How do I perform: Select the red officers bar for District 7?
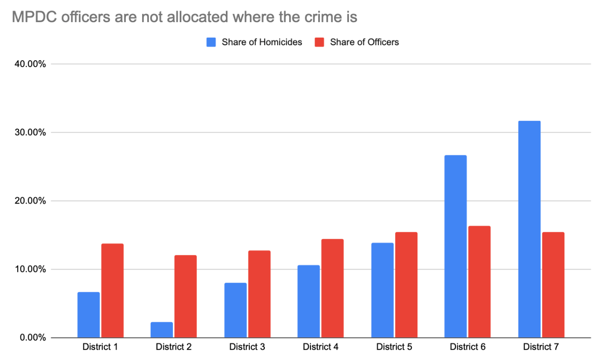click(x=553, y=285)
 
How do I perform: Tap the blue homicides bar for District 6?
click(x=455, y=246)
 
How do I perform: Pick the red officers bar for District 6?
click(x=479, y=282)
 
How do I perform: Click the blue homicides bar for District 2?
click(x=162, y=330)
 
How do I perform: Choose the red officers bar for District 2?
click(x=186, y=296)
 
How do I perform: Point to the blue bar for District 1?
click(x=88, y=315)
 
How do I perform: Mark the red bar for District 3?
click(x=259, y=294)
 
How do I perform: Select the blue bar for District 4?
click(x=309, y=301)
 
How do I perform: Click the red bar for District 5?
click(x=406, y=285)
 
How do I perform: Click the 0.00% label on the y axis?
click(x=33, y=338)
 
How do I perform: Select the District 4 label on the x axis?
click(x=320, y=347)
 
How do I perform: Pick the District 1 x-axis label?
click(x=100, y=347)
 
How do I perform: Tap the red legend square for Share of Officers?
click(x=320, y=42)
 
